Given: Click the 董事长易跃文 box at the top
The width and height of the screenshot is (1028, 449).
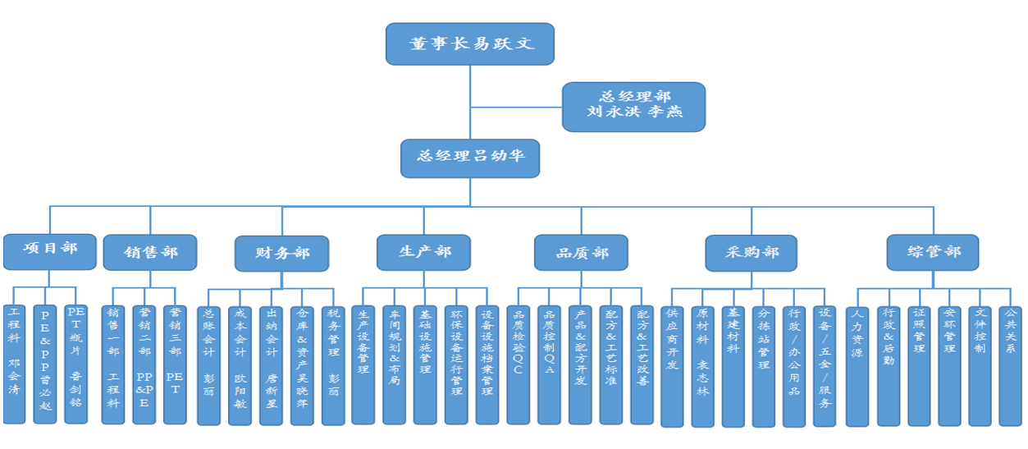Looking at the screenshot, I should pyautogui.click(x=470, y=44).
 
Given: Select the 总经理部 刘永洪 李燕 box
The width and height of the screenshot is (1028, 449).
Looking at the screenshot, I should pyautogui.click(x=633, y=107).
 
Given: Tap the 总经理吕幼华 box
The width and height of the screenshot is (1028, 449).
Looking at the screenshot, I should pyautogui.click(x=470, y=158).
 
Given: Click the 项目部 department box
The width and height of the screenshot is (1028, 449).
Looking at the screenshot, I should pyautogui.click(x=49, y=251).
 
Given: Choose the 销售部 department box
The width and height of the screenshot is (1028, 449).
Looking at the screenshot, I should pyautogui.click(x=150, y=252).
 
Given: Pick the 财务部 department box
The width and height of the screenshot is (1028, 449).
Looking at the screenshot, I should pyautogui.click(x=281, y=254).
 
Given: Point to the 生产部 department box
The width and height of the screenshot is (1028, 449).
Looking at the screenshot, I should pyautogui.click(x=424, y=252).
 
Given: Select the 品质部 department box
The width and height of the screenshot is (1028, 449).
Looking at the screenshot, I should pyautogui.click(x=581, y=253).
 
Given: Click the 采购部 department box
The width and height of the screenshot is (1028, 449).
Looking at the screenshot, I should pyautogui.click(x=752, y=253).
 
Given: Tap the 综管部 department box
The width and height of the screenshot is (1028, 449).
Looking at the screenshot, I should pyautogui.click(x=934, y=252).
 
